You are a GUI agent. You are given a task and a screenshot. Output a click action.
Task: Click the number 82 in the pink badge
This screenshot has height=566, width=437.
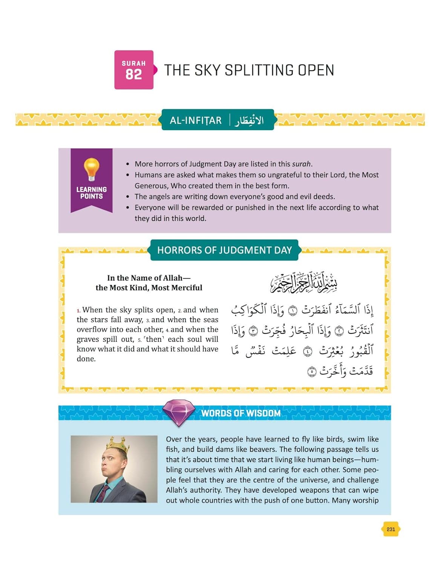point(133,74)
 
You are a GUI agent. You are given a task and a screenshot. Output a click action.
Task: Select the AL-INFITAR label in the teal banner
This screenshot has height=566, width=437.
point(195,120)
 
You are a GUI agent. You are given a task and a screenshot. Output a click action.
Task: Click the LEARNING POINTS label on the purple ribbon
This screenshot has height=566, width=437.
point(91,193)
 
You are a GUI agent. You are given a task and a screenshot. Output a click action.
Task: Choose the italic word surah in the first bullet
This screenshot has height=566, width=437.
point(301,164)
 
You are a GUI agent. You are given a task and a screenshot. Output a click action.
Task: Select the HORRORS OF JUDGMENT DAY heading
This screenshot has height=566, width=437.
point(224,250)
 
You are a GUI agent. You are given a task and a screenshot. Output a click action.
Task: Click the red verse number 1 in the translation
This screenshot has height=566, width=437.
point(78,311)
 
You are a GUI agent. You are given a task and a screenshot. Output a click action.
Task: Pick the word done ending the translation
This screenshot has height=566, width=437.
point(86,359)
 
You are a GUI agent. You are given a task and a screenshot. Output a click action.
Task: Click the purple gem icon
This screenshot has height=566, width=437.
point(179,412)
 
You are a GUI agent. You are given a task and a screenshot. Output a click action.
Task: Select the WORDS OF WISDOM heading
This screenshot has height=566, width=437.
point(241,413)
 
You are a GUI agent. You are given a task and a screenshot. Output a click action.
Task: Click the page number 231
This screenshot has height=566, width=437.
point(391,529)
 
